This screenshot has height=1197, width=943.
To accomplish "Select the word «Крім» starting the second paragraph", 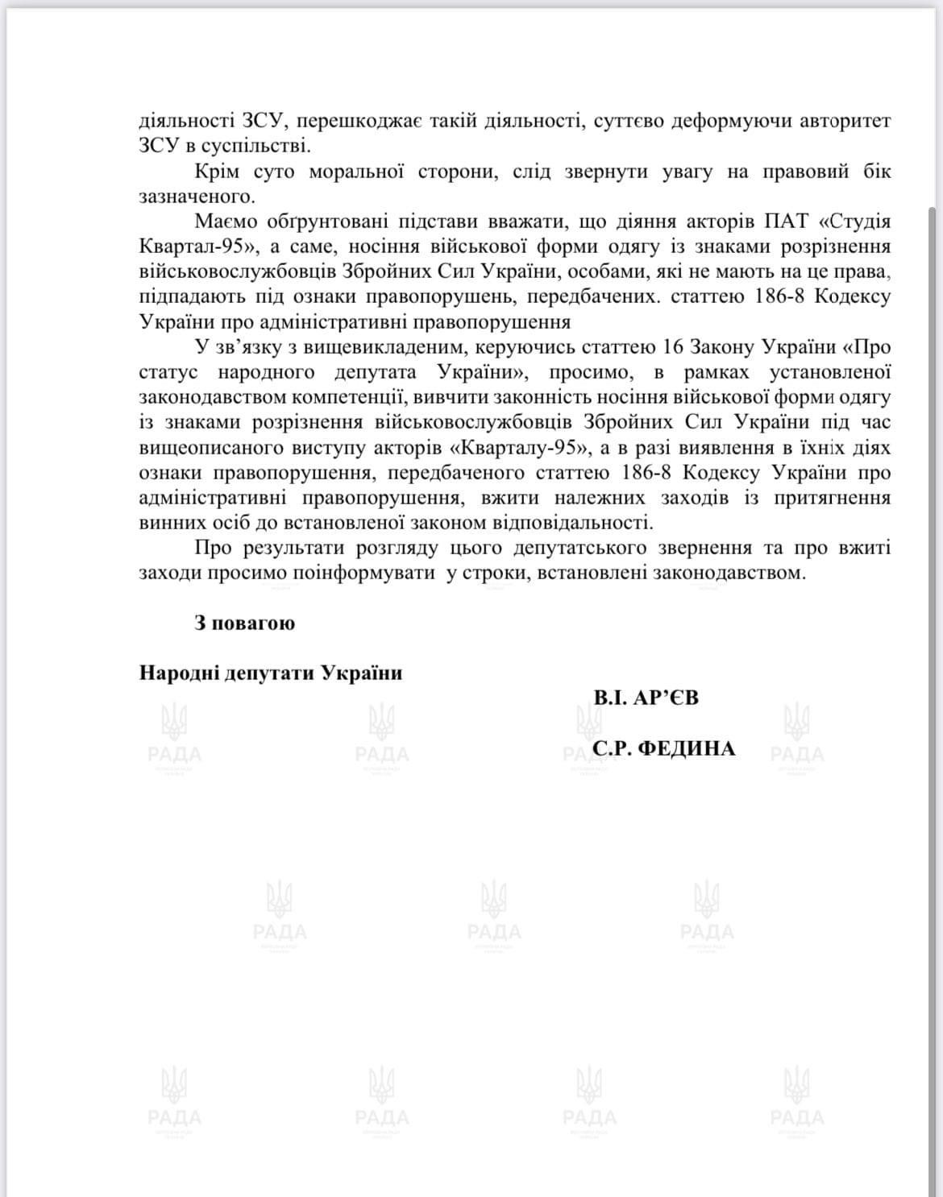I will coord(218,172).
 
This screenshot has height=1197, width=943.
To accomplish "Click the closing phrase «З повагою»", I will coord(244,623).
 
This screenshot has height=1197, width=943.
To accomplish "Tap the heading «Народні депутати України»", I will coord(271,673).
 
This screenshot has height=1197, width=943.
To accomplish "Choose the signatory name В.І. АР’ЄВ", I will coord(645,698).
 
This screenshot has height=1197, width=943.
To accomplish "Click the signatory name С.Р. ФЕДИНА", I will coord(663,748).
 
